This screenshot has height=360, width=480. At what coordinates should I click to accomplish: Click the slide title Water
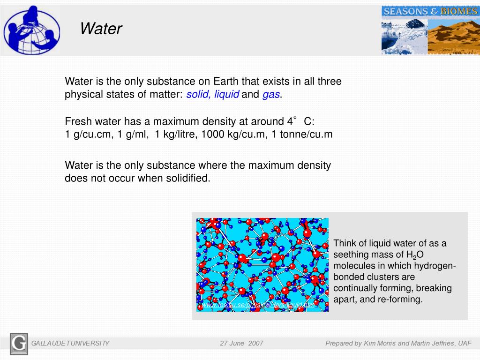pos(101,29)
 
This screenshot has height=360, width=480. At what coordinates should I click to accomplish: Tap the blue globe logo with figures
pos(32,29)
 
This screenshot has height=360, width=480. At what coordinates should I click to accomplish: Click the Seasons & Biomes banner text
pos(430,11)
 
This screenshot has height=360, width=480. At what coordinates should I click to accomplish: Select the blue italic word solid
pos(199,95)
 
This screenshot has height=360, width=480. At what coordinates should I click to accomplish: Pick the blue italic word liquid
pos(227,95)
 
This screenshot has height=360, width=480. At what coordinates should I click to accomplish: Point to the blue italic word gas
pos(271,95)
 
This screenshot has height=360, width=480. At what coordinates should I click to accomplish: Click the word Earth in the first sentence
pos(227,82)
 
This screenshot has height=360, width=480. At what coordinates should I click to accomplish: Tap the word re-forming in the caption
pos(402,299)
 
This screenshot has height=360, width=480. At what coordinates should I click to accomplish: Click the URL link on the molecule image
pos(258,305)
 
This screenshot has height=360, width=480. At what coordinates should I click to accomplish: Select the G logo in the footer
pos(19,344)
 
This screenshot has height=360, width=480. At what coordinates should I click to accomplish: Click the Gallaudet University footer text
pos(70,344)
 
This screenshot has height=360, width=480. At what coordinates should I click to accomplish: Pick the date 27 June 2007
pos(241,344)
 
